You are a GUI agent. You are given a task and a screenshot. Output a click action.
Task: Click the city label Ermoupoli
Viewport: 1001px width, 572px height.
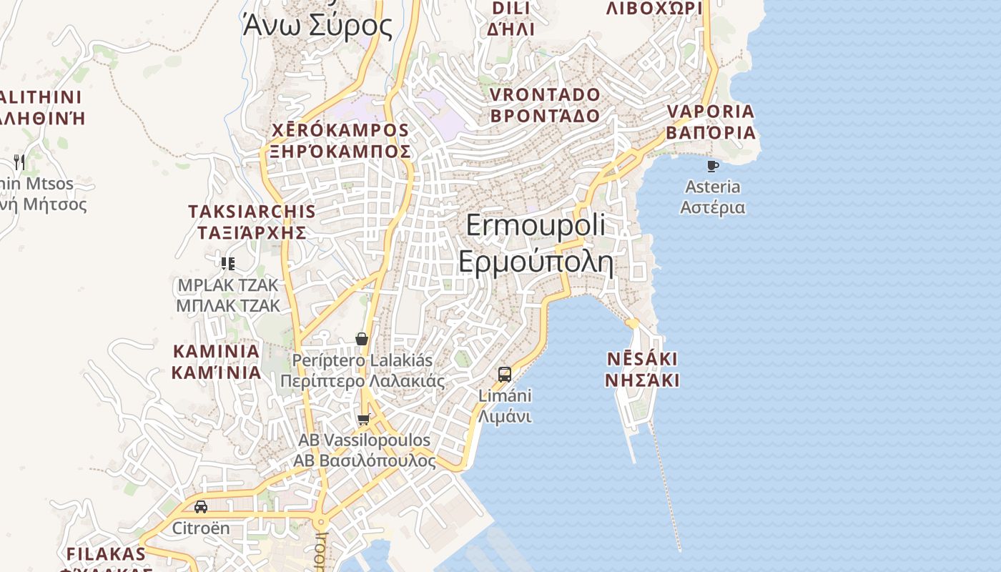(x=535, y=225)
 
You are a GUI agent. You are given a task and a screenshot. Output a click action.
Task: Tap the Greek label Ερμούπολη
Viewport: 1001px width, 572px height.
(x=536, y=262)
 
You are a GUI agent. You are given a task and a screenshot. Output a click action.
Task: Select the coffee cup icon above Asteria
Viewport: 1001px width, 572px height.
(x=712, y=166)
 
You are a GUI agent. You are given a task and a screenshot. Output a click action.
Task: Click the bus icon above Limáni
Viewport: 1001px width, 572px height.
(x=505, y=374)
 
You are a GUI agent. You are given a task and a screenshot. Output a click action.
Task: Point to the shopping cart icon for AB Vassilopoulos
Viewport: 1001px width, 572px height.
(x=364, y=419)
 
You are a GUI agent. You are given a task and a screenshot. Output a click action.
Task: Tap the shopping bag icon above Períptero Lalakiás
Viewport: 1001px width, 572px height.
(x=362, y=339)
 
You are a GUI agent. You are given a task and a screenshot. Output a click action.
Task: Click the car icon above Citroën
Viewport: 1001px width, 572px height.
(x=201, y=507)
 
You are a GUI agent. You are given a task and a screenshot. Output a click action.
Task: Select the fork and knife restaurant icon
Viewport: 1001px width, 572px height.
(x=19, y=162)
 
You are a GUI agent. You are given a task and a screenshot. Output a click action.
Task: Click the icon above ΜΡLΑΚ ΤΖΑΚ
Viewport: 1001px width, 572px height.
(x=228, y=264)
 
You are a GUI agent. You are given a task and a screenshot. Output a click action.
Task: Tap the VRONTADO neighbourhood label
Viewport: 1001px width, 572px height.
(x=545, y=95)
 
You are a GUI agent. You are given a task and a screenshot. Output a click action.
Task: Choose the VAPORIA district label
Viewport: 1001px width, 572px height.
(x=711, y=112)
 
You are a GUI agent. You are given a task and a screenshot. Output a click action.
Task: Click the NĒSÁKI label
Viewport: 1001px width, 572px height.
(x=642, y=359)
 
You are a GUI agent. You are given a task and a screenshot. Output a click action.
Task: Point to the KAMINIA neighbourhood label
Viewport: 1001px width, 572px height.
(x=216, y=352)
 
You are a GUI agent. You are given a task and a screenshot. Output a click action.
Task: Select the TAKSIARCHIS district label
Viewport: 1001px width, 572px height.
(x=252, y=212)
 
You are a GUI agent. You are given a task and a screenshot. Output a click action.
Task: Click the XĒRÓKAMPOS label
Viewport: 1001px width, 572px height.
(x=340, y=131)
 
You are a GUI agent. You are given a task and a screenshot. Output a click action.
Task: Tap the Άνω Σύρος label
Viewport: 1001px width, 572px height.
(x=317, y=26)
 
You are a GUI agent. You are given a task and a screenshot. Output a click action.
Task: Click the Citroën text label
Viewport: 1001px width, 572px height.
(x=201, y=528)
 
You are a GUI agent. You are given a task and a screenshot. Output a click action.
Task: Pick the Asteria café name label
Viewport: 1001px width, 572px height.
(x=712, y=187)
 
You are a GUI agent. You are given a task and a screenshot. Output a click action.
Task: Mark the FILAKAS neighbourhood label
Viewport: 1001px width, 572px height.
(x=106, y=554)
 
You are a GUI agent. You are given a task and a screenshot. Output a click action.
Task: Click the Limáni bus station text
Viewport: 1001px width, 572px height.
(x=505, y=395)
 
